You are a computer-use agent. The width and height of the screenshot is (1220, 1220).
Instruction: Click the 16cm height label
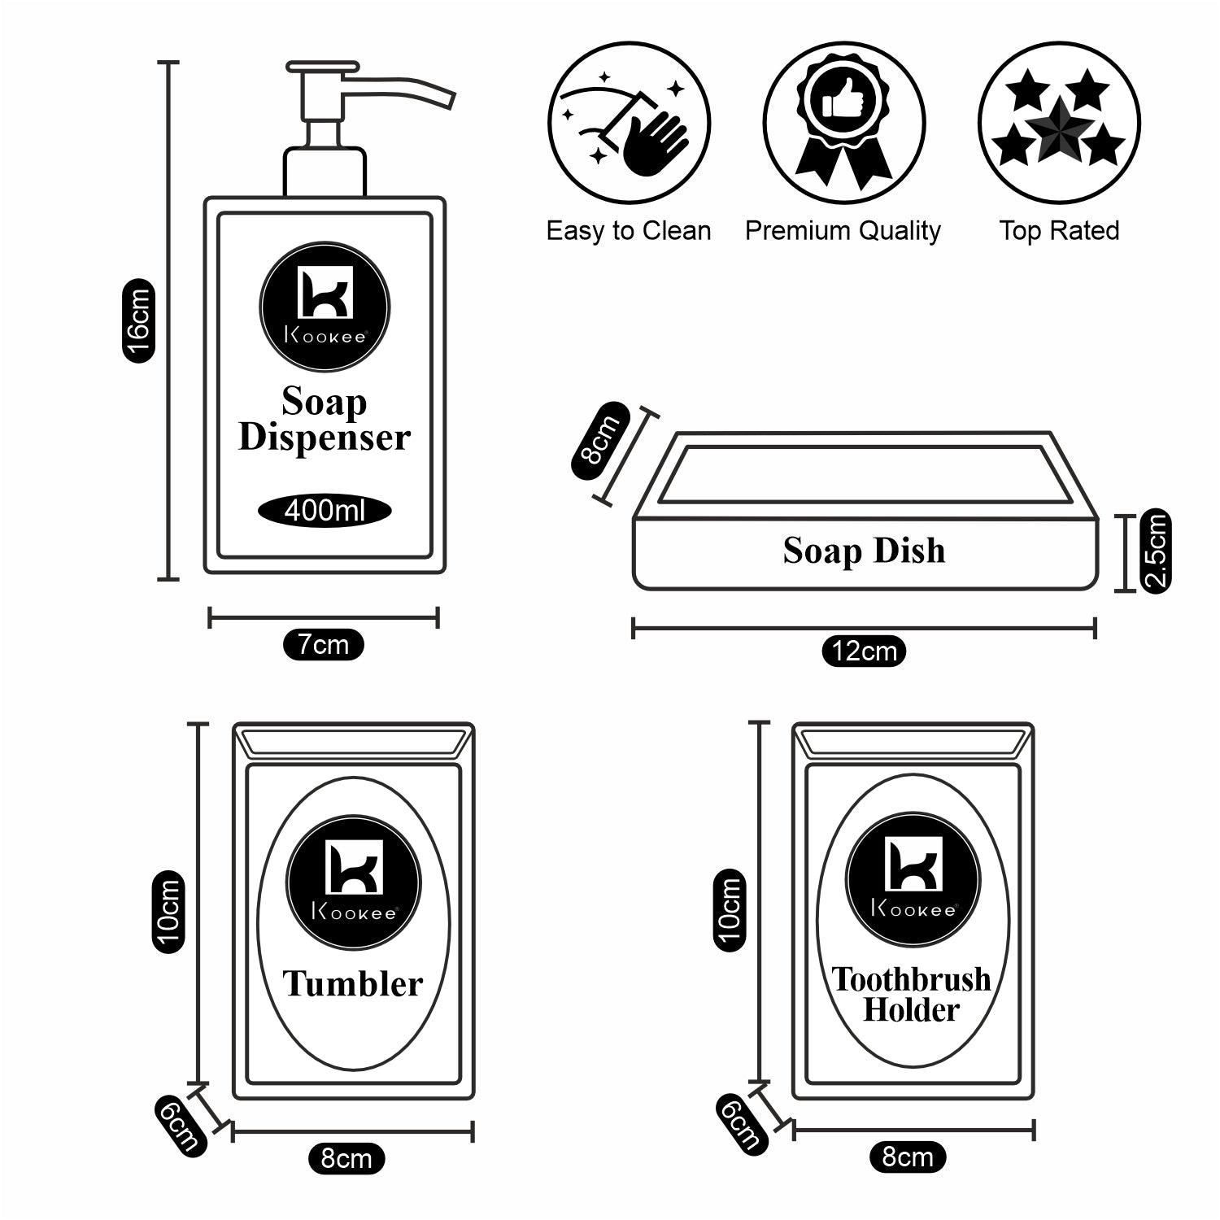pos(138,320)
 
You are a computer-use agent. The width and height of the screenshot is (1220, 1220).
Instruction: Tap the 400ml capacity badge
pos(325,511)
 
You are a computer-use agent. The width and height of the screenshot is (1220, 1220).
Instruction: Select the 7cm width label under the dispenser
pos(323,645)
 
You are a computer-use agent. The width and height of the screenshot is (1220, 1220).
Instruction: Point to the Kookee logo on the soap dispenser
pos(325,307)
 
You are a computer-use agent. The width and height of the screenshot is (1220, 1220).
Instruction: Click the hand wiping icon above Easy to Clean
pos(629,124)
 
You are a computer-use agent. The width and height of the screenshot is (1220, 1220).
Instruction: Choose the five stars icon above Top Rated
pos(1059,122)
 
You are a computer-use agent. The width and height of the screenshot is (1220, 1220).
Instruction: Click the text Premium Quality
pos(843,231)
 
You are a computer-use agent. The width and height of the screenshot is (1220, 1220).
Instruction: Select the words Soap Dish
pos(864,551)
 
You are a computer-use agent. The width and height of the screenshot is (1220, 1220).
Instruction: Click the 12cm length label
pos(864,651)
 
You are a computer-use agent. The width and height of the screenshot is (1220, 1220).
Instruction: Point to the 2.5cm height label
pos(1156,551)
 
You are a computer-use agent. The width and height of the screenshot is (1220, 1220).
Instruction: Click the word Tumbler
pos(353,984)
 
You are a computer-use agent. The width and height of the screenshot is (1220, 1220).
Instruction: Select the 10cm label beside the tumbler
pos(168,912)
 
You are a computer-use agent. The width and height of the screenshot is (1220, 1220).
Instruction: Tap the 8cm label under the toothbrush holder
pos(908,1157)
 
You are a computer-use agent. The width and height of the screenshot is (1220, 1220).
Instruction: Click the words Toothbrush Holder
pos(911,994)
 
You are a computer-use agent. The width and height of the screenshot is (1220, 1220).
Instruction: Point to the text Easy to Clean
pos(629,231)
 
